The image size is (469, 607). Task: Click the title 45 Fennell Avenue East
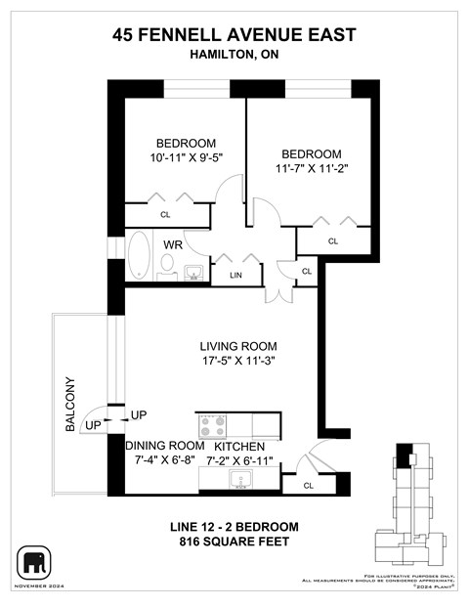point(234,36)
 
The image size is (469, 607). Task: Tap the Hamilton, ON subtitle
point(234,57)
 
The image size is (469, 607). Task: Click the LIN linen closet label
point(235,277)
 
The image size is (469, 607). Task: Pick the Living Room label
point(238,346)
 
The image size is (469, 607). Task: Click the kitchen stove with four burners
point(212,425)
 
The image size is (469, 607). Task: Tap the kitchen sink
point(239,479)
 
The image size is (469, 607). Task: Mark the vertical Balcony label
point(70,404)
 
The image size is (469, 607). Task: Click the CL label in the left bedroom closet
point(165,214)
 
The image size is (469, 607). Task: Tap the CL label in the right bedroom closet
point(332,240)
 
